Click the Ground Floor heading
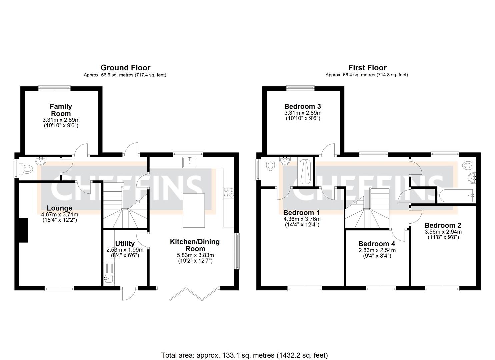tap(125, 68)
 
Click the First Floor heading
tap(367, 68)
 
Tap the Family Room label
tap(61, 110)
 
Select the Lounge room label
tap(59, 208)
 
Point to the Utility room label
tap(125, 244)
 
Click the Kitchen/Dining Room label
tap(195, 245)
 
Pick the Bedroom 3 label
tap(302, 107)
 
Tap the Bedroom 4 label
tap(377, 244)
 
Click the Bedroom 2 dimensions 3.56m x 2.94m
tap(443, 232)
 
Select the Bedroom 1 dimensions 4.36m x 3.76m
tap(302, 219)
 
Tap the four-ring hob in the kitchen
tap(229, 193)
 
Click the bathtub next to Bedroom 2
tap(455, 196)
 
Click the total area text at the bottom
tap(244, 355)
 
